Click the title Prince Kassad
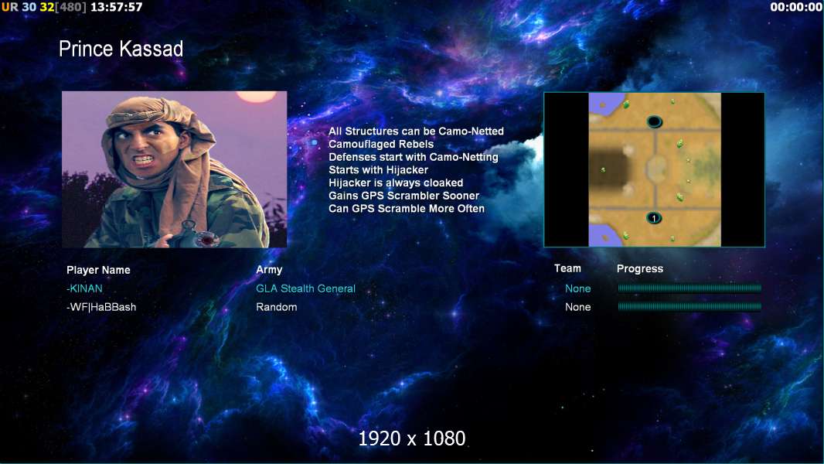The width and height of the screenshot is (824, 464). [x=121, y=49]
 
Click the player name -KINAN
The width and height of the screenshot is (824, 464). [x=84, y=288]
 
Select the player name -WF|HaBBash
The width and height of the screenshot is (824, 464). [x=101, y=307]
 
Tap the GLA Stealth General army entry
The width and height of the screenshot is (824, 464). [x=306, y=288]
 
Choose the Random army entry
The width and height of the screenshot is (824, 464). [x=277, y=307]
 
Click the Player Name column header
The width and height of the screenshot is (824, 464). [x=98, y=270]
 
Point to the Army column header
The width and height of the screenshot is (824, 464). [x=269, y=270]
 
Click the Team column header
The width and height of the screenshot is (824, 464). [x=567, y=268]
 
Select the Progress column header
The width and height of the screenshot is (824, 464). [x=640, y=268]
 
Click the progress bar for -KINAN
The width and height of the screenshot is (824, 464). [x=690, y=288]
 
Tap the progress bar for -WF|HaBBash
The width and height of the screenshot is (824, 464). [x=690, y=306]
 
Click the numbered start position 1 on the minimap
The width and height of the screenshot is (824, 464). [x=654, y=217]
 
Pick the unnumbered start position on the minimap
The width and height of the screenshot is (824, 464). [x=654, y=122]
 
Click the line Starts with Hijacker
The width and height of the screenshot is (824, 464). [x=378, y=169]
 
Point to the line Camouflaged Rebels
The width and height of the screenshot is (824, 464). [x=381, y=144]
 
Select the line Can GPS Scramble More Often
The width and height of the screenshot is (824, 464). [x=407, y=209]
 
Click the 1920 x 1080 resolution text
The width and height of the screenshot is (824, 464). [x=412, y=438]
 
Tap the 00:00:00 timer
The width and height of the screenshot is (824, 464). [x=795, y=7]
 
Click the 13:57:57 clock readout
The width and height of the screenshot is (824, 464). [x=116, y=7]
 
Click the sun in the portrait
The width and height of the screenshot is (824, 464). [x=256, y=96]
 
